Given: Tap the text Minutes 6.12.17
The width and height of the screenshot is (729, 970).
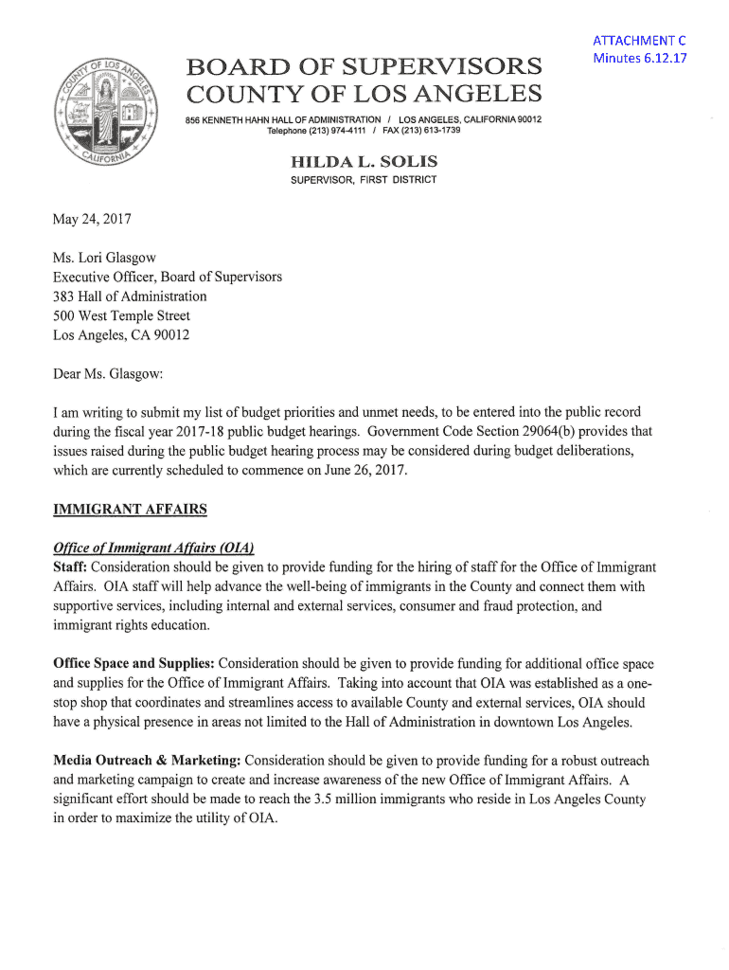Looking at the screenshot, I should [x=639, y=58].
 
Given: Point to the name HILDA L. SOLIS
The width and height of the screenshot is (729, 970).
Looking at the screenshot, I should [x=364, y=162].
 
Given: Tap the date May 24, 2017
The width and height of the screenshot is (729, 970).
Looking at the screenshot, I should [x=93, y=220].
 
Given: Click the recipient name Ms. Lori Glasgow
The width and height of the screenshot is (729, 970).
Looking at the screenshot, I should [x=105, y=258].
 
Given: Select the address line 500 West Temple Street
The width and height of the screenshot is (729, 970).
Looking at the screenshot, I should [x=122, y=315].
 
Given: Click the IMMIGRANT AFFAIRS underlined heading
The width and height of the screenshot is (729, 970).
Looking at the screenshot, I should [x=130, y=510].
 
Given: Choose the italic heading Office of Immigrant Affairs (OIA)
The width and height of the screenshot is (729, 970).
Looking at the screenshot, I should [x=153, y=548].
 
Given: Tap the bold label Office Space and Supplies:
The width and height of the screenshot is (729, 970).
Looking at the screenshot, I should [x=133, y=664].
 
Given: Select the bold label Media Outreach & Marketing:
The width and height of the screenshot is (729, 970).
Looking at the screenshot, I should [x=147, y=761].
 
